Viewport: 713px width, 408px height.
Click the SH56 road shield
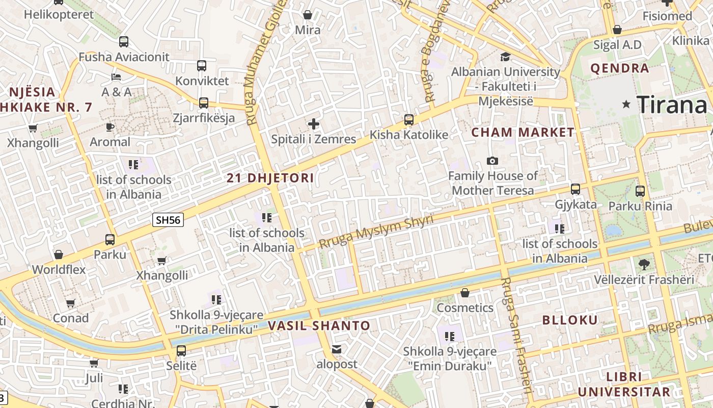[x=168, y=220]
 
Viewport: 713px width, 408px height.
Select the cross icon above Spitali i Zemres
[x=314, y=124]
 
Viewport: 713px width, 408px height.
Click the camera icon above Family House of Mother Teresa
[x=492, y=161]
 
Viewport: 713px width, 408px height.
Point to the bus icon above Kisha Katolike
[x=409, y=120]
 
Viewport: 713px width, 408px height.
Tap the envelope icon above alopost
[x=337, y=349]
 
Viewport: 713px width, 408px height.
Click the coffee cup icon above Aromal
[x=110, y=127]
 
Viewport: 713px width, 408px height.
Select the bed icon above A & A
[x=116, y=77]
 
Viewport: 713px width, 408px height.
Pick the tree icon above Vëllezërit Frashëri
[x=644, y=264]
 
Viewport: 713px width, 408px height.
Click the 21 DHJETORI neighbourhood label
[x=270, y=178]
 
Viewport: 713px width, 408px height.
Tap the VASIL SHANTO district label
[x=319, y=325]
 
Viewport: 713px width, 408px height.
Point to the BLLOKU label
[x=570, y=320]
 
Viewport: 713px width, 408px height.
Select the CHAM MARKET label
[x=523, y=133]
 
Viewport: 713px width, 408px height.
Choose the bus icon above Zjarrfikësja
[x=204, y=103]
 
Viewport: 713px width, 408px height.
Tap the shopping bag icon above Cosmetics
[x=465, y=293]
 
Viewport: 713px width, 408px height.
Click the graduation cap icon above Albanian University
[x=505, y=57]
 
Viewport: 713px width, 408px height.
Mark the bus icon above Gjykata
[x=575, y=189]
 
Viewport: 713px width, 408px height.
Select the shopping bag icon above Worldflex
[x=59, y=254]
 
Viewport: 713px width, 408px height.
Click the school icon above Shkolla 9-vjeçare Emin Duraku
[x=450, y=336]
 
